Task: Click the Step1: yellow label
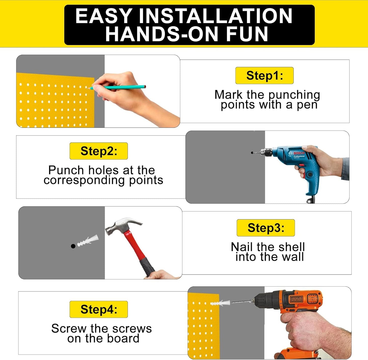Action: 264,76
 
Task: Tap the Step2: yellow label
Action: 99,151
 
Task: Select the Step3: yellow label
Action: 266,228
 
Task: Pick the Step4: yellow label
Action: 99,309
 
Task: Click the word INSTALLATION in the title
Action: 215,16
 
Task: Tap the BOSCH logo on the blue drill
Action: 299,153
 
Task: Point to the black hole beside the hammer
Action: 73,246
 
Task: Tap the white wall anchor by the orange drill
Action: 220,303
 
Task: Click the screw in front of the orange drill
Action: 242,301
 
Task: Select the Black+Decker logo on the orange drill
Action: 296,299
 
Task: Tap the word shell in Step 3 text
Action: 292,247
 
